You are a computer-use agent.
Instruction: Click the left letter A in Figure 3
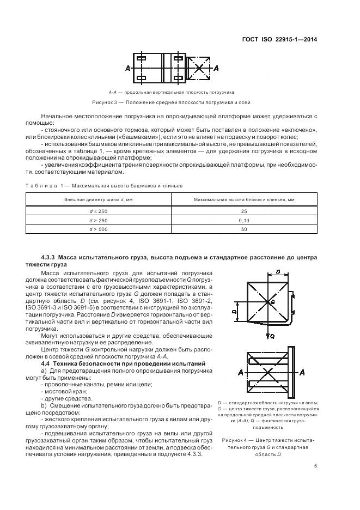pos(127,69)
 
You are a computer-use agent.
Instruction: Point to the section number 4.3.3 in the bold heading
pos(51,256)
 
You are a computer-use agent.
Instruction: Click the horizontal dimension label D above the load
pos(278,270)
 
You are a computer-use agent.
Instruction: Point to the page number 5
pos(316,466)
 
